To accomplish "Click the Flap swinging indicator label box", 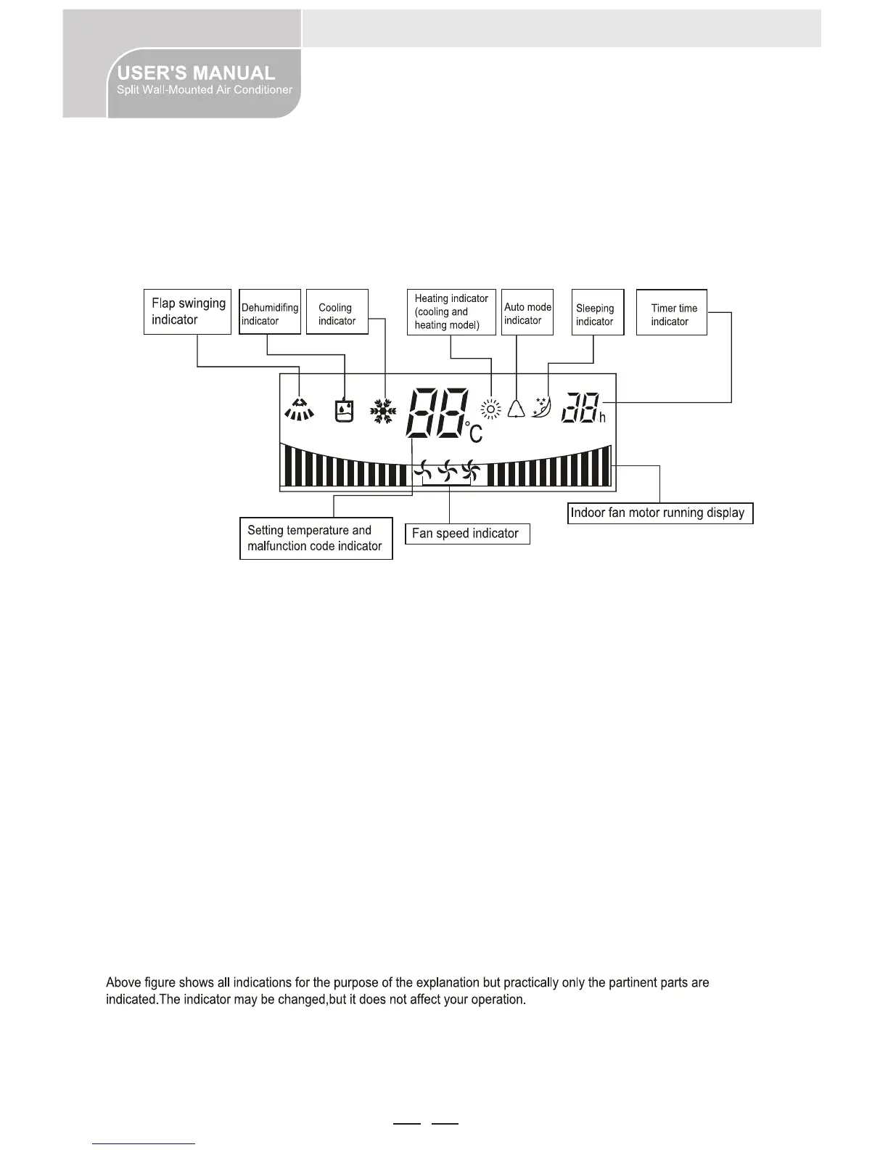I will point(187,311).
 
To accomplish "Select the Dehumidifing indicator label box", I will point(270,314).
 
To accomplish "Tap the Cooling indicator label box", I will point(337,314).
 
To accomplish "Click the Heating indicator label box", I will point(451,311).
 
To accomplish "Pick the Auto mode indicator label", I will point(527,313).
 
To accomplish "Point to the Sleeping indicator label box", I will point(597,314).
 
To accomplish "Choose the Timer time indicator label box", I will point(671,314).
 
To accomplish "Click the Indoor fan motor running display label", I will point(659,513).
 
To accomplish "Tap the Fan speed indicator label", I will point(466,534).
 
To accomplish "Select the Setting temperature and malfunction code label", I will point(316,538).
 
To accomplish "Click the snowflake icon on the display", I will point(383,412).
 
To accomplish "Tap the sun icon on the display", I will point(491,410).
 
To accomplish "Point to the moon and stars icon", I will point(542,407).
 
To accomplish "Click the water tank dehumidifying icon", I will point(344,411).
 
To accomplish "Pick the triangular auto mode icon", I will point(516,409).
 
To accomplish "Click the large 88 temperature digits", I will point(437,412).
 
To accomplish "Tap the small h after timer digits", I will point(602,418).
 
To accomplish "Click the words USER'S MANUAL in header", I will point(196,73).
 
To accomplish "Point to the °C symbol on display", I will point(474,431).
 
